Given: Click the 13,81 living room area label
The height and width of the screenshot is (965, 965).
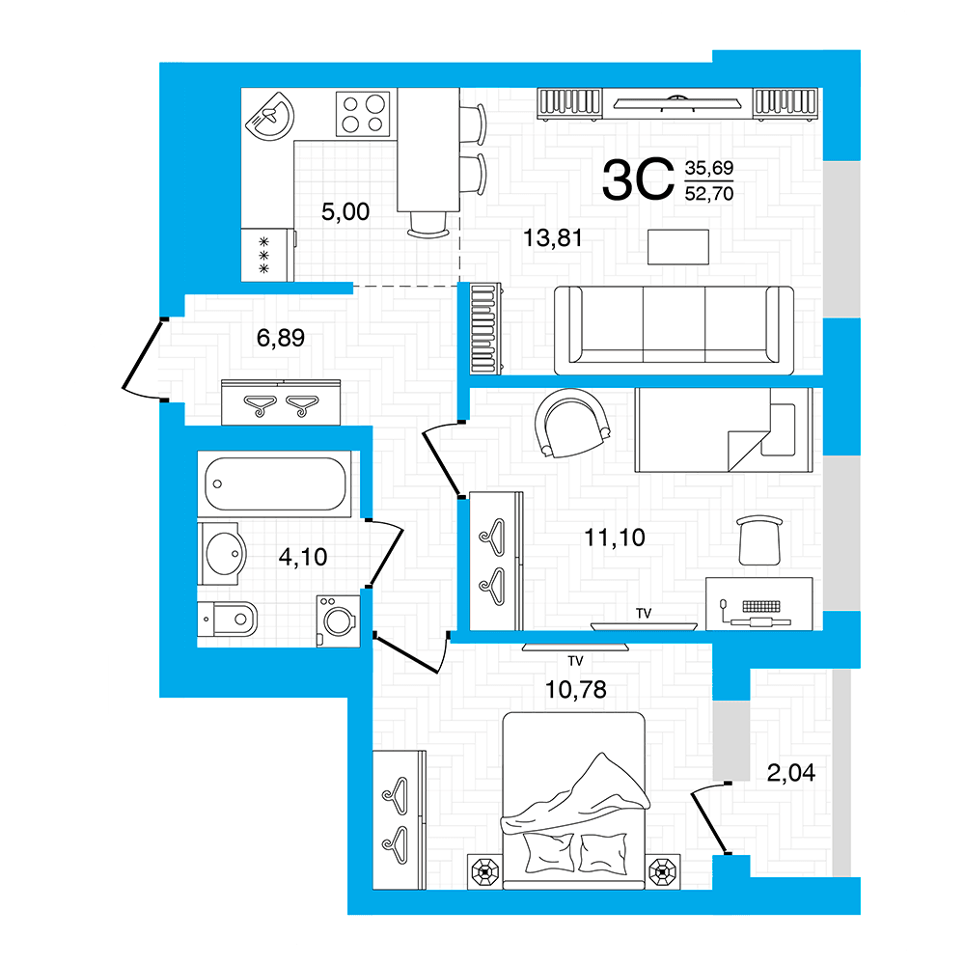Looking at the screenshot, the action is point(552,238).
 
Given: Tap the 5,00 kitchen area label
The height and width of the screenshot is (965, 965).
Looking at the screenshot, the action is point(345,212).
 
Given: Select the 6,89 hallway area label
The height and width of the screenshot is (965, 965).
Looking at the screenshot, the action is point(281,338).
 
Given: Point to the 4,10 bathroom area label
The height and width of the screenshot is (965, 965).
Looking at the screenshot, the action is point(303,557).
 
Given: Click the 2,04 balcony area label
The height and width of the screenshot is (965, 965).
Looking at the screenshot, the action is point(791,772).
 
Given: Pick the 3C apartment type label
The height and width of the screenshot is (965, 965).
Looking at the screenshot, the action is point(638,179).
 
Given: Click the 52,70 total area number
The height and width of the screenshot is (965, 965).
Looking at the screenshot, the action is point(709,194).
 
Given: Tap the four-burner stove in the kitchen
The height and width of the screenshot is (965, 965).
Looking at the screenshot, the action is point(363,114).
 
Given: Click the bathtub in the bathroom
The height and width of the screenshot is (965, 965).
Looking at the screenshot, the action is point(274,483).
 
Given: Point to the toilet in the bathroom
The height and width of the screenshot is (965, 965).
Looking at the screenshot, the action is point(227,620).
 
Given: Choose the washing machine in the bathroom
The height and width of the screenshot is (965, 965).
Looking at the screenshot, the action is point(338,620).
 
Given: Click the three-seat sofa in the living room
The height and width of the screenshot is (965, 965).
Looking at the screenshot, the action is point(674,330).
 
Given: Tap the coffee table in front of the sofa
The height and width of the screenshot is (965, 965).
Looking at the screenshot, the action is point(678,247).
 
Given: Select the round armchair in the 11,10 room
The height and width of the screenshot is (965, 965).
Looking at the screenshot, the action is point(572,424).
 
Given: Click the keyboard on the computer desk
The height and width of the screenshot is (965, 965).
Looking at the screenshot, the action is point(761,606).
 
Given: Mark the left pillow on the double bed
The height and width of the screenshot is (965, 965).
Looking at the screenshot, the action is point(549,851).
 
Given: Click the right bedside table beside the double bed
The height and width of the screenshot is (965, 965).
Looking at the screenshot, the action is point(663,871).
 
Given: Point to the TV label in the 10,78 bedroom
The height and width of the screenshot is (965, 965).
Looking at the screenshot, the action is point(575,661).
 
